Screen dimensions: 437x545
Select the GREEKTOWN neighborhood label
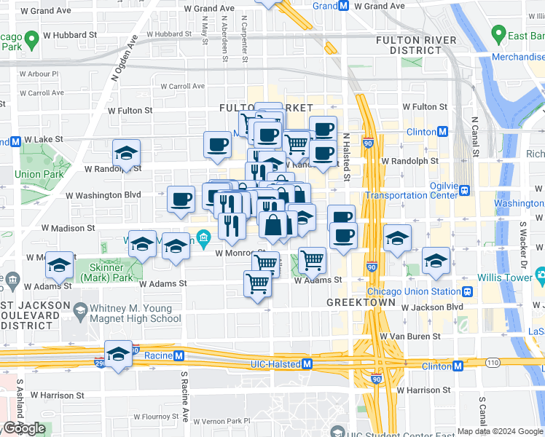coord(361,302)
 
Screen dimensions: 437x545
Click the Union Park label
coord(38,174)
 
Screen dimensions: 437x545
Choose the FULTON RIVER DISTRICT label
coord(409,45)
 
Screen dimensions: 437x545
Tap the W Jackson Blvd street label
coord(432,307)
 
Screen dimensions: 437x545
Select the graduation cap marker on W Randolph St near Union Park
coord(127,153)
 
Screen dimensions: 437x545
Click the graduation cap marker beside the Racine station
coord(118,354)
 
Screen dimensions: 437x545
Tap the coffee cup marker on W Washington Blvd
coord(181,199)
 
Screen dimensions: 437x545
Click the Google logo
coord(24,428)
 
